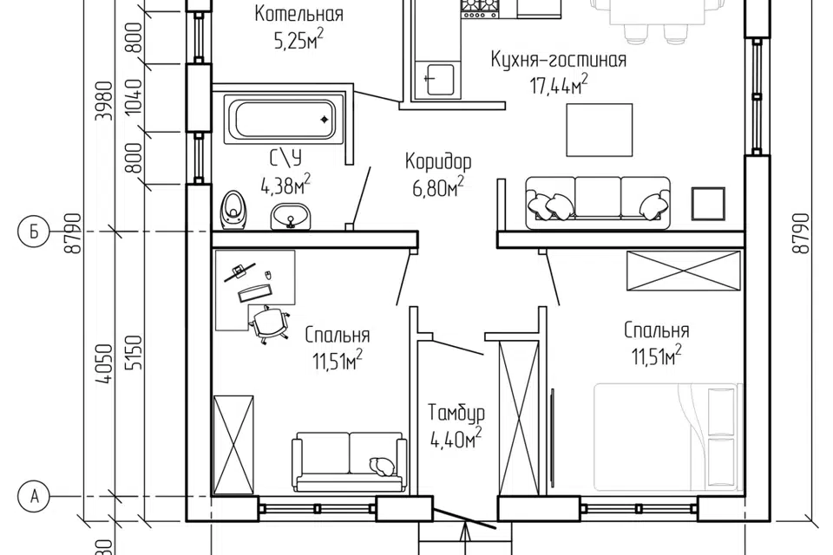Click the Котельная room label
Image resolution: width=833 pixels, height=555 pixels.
click(x=298, y=14)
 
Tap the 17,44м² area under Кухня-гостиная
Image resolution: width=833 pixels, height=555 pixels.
click(x=558, y=84)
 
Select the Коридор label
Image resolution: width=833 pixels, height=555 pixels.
click(x=437, y=161)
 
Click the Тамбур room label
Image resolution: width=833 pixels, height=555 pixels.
click(x=456, y=412)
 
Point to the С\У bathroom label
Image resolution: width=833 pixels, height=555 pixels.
click(x=285, y=158)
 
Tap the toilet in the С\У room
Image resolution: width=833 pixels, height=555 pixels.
click(x=233, y=211)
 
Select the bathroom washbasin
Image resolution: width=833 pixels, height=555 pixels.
click(x=290, y=218)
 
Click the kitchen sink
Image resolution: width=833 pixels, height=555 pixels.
click(x=435, y=80)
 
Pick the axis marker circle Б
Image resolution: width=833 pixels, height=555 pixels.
click(x=35, y=232)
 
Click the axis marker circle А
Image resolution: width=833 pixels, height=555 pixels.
click(x=35, y=497)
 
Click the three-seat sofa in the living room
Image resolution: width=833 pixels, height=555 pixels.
click(x=598, y=203)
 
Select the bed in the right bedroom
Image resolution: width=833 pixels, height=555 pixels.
click(x=667, y=436)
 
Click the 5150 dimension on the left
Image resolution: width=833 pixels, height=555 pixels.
click(x=135, y=353)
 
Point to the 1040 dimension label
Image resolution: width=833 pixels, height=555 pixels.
click(x=135, y=96)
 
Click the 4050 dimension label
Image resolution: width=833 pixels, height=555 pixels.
click(x=107, y=363)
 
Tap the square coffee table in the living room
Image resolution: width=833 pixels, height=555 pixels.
click(x=600, y=130)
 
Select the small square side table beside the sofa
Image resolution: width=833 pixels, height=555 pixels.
click(x=708, y=204)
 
